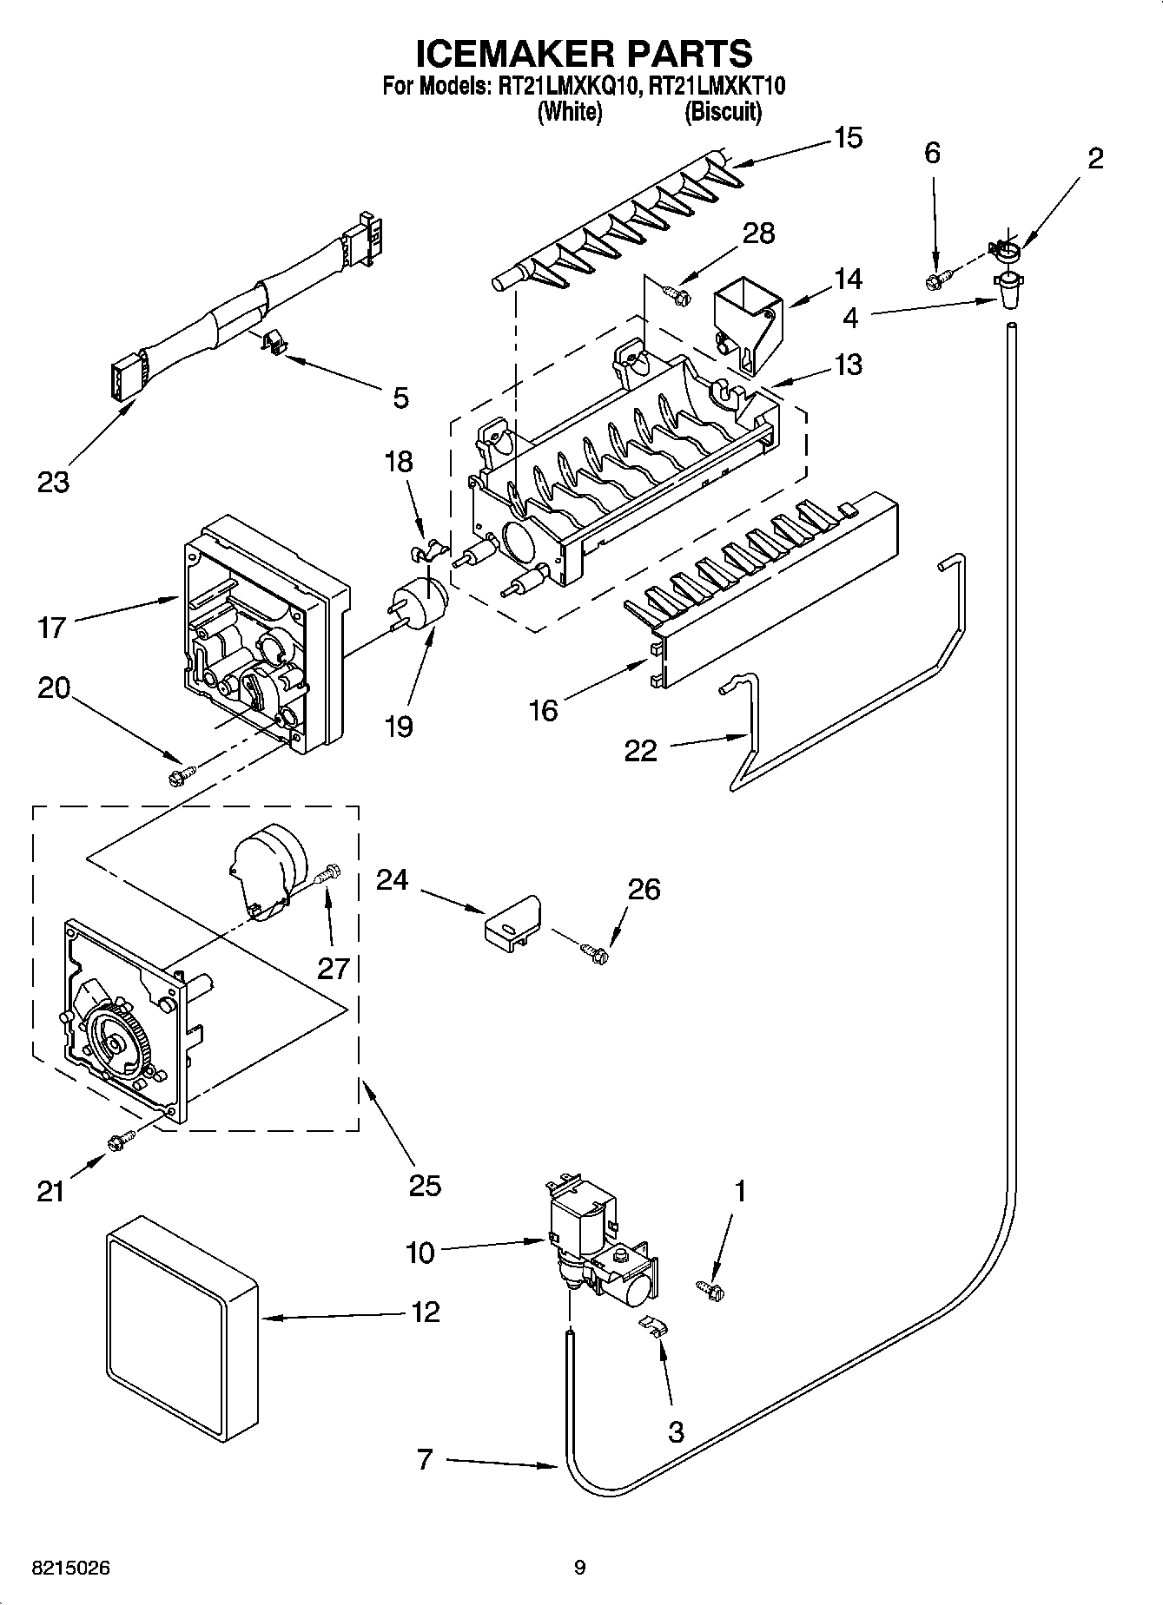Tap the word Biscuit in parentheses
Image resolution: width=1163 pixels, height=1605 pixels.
tap(723, 112)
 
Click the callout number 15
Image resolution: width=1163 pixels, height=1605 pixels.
tap(848, 138)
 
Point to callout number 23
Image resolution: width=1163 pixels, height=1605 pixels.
tap(53, 481)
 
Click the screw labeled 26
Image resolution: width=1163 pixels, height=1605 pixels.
tap(597, 952)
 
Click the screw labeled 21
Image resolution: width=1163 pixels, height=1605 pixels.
tap(120, 1142)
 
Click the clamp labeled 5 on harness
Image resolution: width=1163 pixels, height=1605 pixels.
tap(274, 343)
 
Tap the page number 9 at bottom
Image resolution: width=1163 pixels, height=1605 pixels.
tap(580, 1568)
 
